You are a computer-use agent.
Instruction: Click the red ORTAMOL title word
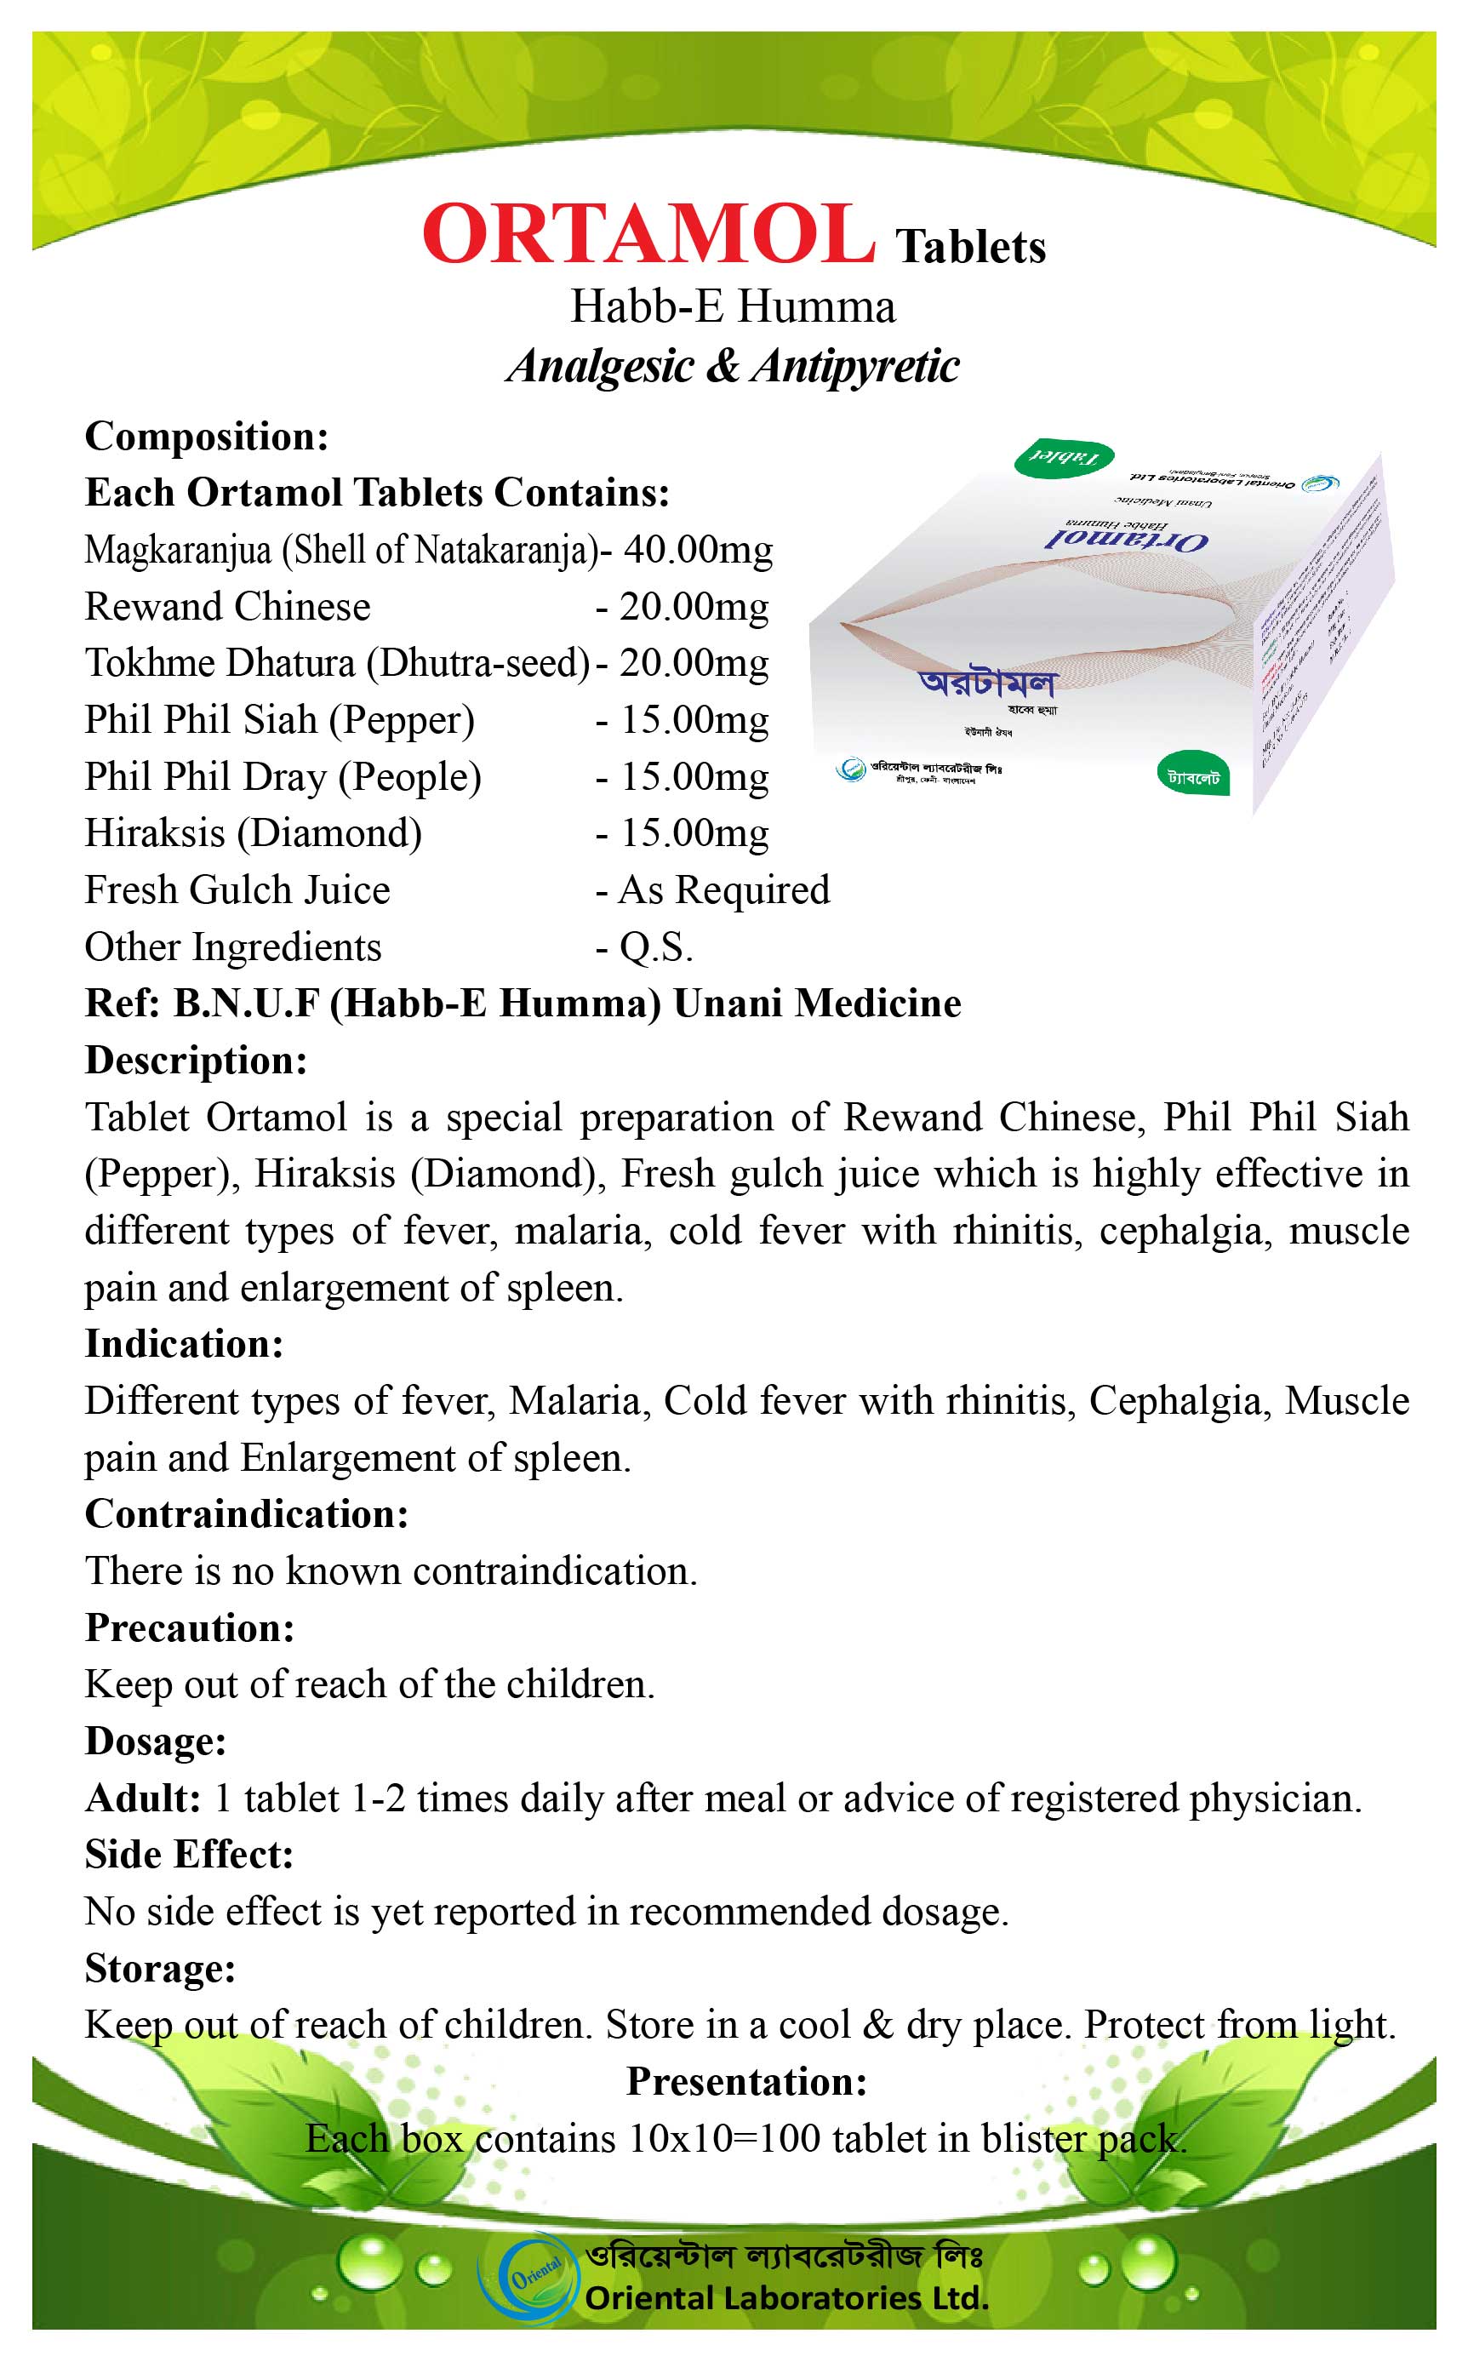tap(648, 235)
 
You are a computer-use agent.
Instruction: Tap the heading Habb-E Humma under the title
tap(733, 306)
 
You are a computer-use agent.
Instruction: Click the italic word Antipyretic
tap(854, 367)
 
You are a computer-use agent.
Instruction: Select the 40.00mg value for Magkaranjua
tap(697, 550)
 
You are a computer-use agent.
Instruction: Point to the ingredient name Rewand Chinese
tap(227, 607)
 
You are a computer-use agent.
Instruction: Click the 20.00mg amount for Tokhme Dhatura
tap(694, 663)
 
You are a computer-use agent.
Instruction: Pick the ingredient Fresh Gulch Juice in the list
tap(237, 890)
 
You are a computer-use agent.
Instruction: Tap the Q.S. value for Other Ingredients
tap(656, 947)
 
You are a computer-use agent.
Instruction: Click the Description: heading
tap(196, 1060)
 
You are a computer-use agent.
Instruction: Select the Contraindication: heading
tap(247, 1513)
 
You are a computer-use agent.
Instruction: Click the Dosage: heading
tap(156, 1741)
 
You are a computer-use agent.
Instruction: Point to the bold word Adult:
tap(143, 1798)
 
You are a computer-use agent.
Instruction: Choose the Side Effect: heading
tap(188, 1854)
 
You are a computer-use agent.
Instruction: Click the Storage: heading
tap(160, 1968)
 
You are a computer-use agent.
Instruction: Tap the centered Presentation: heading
tap(745, 2081)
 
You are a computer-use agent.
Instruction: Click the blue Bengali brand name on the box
tap(986, 683)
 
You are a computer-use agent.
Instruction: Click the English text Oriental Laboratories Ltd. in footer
tap(786, 2298)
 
